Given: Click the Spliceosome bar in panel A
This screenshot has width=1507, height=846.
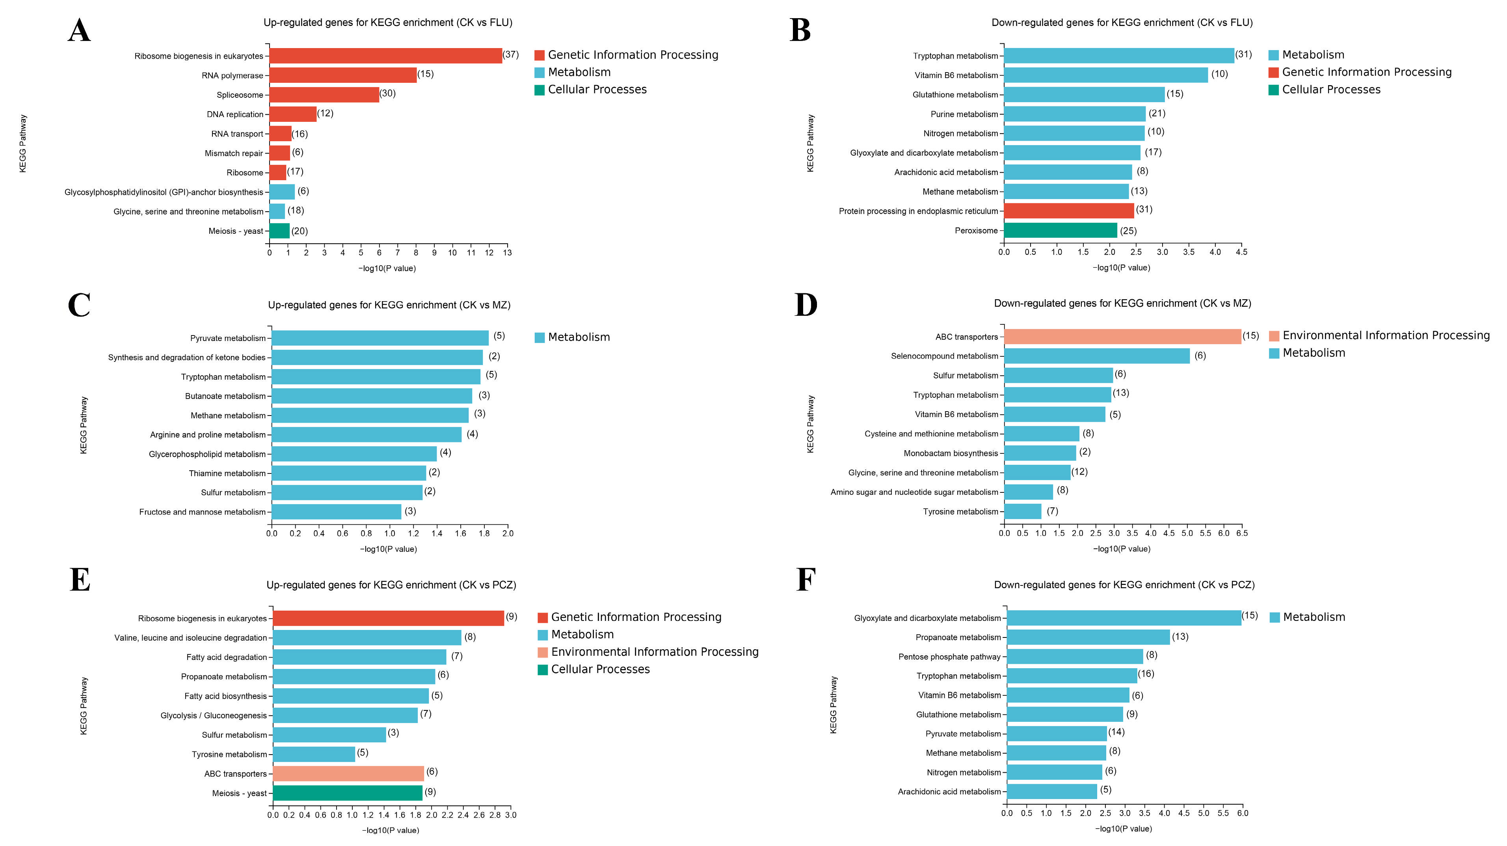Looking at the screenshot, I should coord(324,95).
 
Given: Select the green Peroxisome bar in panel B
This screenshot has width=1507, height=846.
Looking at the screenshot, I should coord(1060,231).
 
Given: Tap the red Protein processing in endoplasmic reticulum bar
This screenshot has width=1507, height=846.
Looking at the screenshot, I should coord(1069,211).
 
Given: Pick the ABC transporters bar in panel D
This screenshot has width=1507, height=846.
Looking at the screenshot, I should coord(1122,336).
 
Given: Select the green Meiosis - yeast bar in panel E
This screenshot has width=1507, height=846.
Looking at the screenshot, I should coord(348,793).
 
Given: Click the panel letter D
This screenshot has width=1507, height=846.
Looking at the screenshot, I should coord(806,305).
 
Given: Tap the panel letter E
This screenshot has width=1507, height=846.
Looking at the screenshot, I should coord(80,580).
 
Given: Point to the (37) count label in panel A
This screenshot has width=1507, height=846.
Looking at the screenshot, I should coord(511,54).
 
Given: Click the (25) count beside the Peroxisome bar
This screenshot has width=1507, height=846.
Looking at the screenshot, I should coord(1128,231).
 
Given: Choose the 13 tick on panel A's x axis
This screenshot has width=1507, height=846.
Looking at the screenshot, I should coord(507,253).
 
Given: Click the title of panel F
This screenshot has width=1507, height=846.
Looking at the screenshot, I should coord(1124,585).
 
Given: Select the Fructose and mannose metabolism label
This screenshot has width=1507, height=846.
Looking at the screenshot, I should coord(203,512).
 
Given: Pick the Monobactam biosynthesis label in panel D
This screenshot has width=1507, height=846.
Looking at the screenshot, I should coord(951,453).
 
